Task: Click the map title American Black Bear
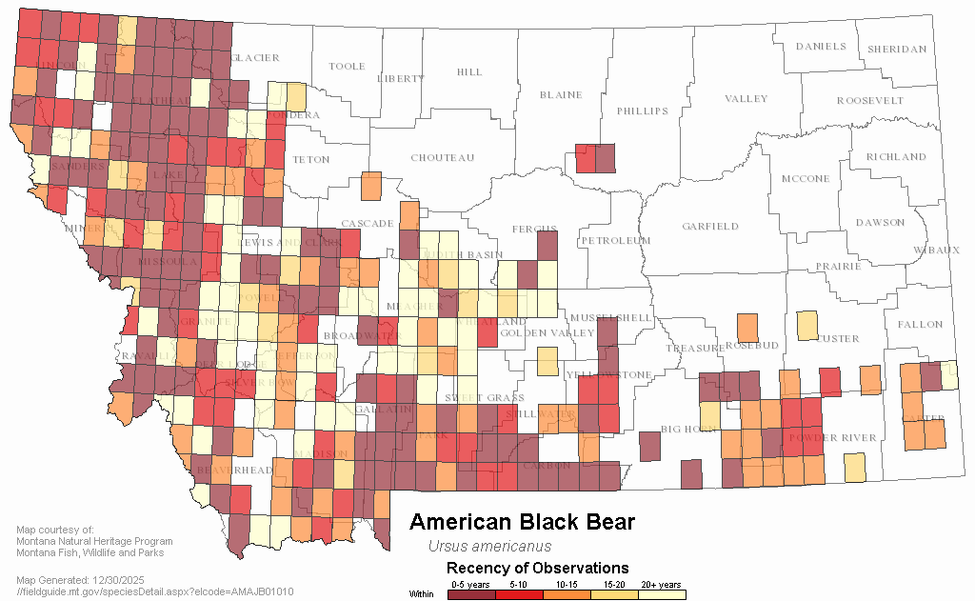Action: pyautogui.click(x=522, y=522)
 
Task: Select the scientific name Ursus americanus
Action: pyautogui.click(x=489, y=547)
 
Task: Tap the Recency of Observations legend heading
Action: pyautogui.click(x=537, y=569)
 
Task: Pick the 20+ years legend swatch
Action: pyautogui.click(x=662, y=595)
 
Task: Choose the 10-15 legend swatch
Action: pyautogui.click(x=567, y=595)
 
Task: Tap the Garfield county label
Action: pyautogui.click(x=709, y=227)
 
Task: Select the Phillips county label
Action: pyautogui.click(x=643, y=111)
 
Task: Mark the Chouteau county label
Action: pyautogui.click(x=442, y=158)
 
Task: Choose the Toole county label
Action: pyautogui.click(x=347, y=67)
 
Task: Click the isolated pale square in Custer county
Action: pyautogui.click(x=806, y=326)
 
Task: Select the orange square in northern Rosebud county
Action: pyautogui.click(x=747, y=328)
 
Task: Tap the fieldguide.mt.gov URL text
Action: pyautogui.click(x=155, y=591)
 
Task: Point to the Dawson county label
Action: pyautogui.click(x=880, y=223)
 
